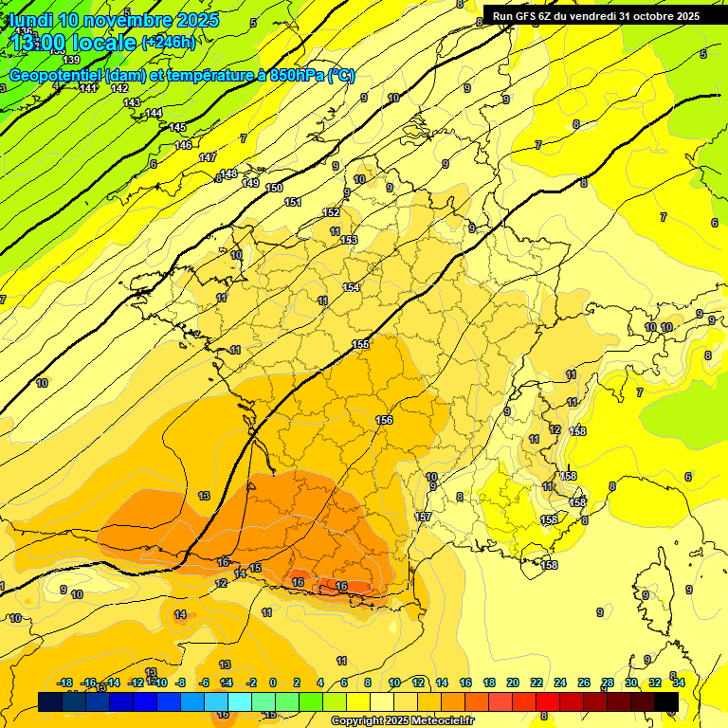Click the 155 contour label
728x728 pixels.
(x=360, y=344)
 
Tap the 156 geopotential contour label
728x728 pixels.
(x=384, y=420)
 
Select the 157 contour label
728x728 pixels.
(x=424, y=517)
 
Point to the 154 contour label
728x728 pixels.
(x=352, y=287)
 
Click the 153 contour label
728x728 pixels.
(x=349, y=240)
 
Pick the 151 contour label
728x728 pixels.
(x=293, y=202)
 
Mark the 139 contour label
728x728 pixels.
(x=71, y=60)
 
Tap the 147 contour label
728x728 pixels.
(x=208, y=157)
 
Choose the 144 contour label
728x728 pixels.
(x=154, y=113)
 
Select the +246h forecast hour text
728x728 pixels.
(x=169, y=42)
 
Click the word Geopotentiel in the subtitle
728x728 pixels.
(x=56, y=75)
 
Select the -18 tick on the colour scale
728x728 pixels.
(x=65, y=682)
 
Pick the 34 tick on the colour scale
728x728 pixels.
(x=679, y=682)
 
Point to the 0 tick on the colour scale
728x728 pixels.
(x=273, y=682)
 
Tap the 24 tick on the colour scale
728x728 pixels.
(x=560, y=682)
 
